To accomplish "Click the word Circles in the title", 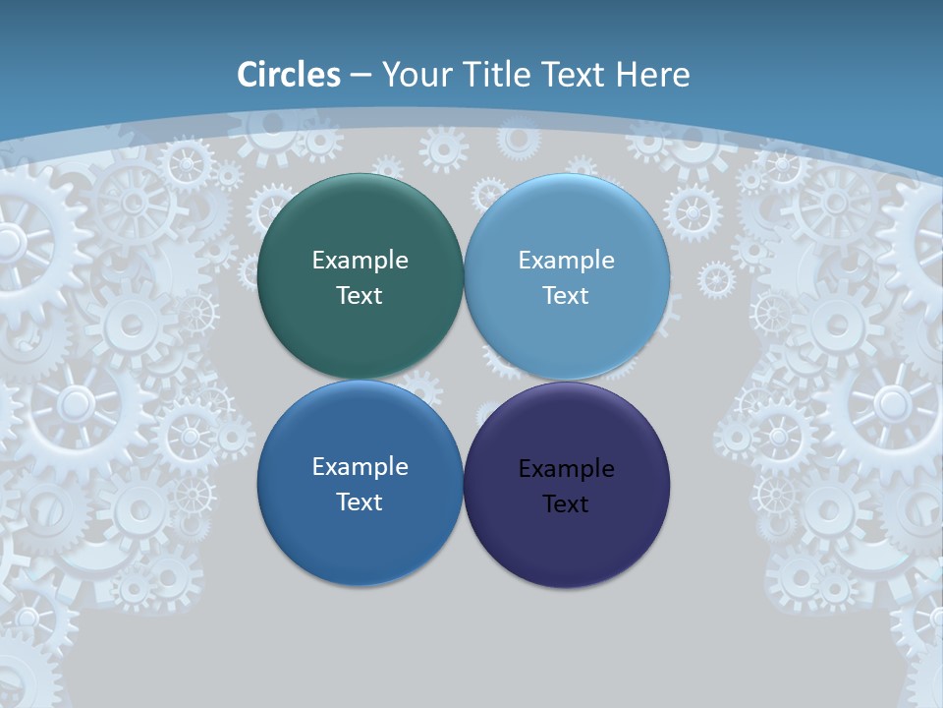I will click(289, 75).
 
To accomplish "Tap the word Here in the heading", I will click(652, 75).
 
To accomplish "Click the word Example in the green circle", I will click(360, 261).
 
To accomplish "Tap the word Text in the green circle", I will click(360, 296).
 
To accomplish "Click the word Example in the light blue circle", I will click(567, 261).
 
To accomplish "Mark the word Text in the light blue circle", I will click(566, 296).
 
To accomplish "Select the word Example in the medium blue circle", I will click(360, 467).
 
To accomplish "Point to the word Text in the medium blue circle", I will click(360, 502).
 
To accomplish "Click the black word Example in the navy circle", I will click(567, 469).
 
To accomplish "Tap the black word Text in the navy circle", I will click(566, 504).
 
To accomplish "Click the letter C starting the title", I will click(249, 75).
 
